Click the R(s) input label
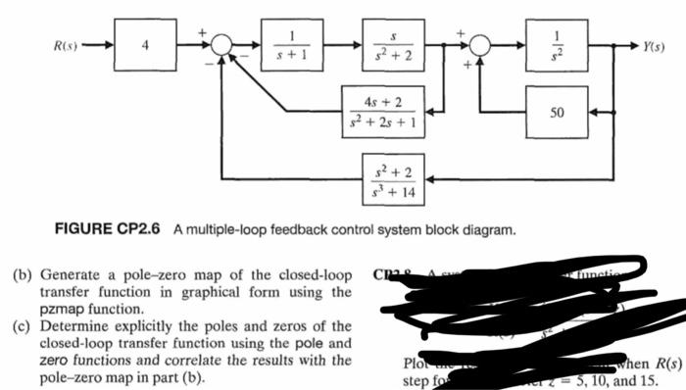(67, 46)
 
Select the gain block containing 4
(145, 46)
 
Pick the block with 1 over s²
(556, 46)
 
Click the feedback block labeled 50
(556, 113)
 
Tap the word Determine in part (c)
(72, 325)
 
